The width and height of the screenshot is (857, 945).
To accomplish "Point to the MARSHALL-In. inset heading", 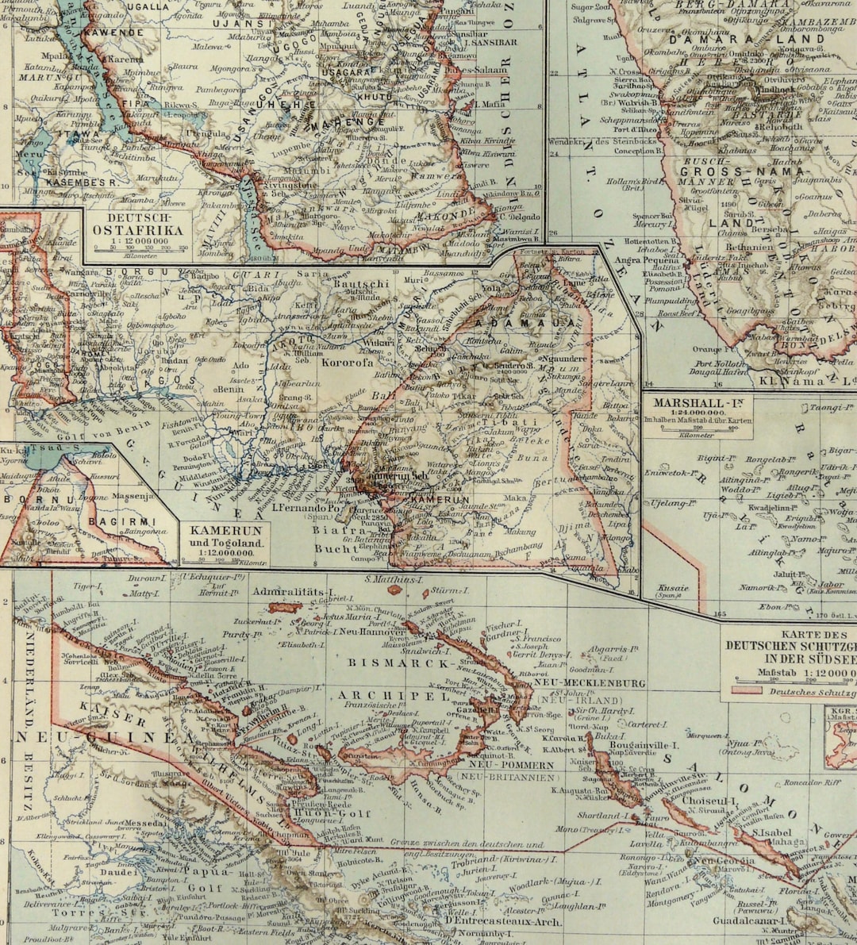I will pyautogui.click(x=698, y=403).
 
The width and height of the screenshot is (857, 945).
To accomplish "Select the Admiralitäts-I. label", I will pyautogui.click(x=290, y=591).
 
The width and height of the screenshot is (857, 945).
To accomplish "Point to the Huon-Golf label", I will pyautogui.click(x=321, y=812).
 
